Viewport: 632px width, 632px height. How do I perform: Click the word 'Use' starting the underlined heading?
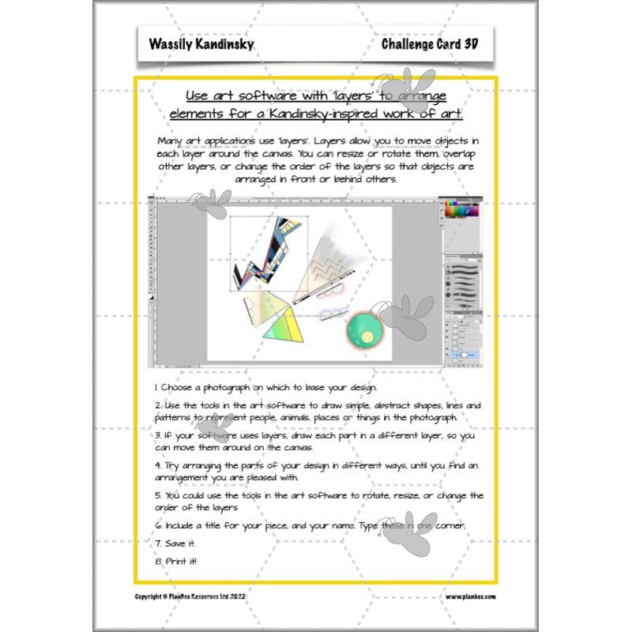[197, 96]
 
